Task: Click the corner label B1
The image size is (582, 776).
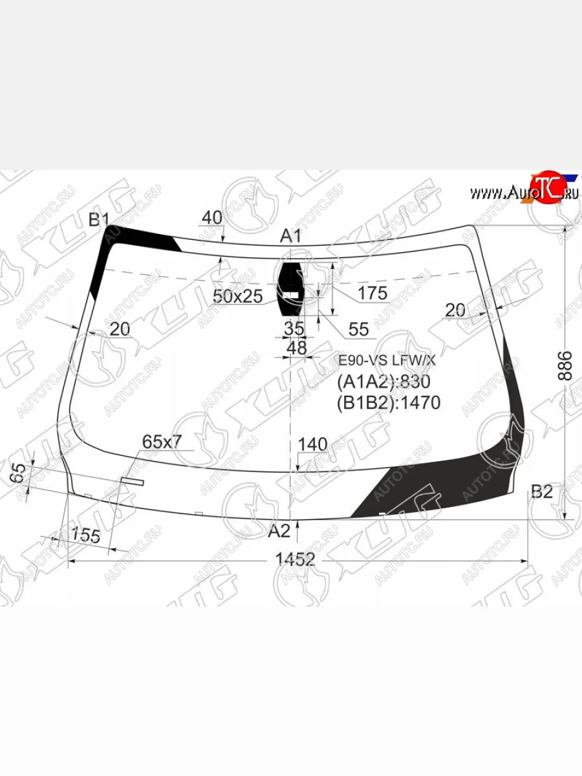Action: pyautogui.click(x=99, y=220)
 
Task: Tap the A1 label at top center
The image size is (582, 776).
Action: pyautogui.click(x=290, y=237)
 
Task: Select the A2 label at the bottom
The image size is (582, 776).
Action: pyautogui.click(x=279, y=531)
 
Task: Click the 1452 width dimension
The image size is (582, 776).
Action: pyautogui.click(x=295, y=560)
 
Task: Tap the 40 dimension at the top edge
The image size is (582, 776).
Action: pyautogui.click(x=211, y=218)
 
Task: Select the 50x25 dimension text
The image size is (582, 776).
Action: pyautogui.click(x=237, y=296)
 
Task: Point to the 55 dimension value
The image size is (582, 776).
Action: pyautogui.click(x=358, y=330)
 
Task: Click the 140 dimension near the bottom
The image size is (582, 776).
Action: pyautogui.click(x=313, y=444)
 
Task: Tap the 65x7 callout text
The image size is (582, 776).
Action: pyautogui.click(x=162, y=442)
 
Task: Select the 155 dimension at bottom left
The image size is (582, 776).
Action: pyautogui.click(x=86, y=535)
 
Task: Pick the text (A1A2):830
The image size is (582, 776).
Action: pyautogui.click(x=383, y=382)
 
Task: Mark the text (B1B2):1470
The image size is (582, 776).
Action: pyautogui.click(x=389, y=403)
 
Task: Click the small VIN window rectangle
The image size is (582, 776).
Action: pyautogui.click(x=133, y=480)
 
